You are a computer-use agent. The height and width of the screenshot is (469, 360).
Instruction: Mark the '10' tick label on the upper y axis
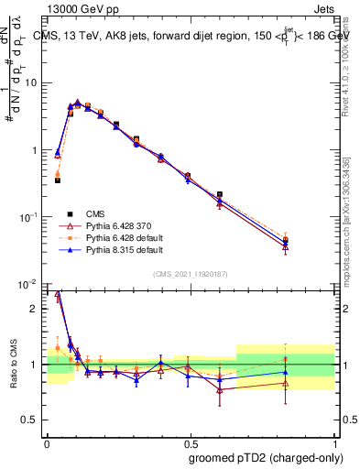click(x=30, y=83)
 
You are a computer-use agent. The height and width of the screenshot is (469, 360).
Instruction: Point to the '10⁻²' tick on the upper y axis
click(x=28, y=285)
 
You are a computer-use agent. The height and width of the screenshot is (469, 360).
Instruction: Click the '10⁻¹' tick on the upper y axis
click(x=28, y=218)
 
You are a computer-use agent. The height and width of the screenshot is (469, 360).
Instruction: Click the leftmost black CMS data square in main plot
click(x=57, y=180)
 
